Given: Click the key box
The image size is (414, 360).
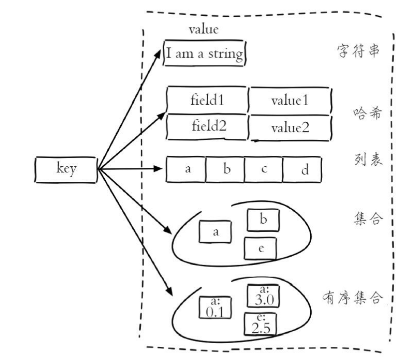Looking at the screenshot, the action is tap(66, 170).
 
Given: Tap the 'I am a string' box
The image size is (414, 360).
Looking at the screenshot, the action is tap(205, 53).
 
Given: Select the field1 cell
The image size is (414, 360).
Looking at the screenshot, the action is tap(207, 100).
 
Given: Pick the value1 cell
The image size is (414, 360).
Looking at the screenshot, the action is tap(290, 101).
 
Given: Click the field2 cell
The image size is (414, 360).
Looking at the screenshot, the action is tap(207, 127).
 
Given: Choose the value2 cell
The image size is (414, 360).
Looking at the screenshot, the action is tap(290, 128).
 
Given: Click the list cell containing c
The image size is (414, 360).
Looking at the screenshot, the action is tap(263, 169).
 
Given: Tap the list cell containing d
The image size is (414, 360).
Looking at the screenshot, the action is tap(302, 169).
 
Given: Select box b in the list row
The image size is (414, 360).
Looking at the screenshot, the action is tap(225, 169).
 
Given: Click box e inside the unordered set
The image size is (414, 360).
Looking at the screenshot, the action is tap(260, 249).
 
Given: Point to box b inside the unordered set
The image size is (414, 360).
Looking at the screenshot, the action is tap(263, 220).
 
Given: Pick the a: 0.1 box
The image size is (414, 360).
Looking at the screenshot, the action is tap(215, 308).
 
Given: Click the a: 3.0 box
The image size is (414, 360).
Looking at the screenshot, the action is tap(263, 296).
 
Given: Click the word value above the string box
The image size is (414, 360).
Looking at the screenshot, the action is tap(204, 29).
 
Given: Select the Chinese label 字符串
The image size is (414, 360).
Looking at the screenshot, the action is tap(358, 51).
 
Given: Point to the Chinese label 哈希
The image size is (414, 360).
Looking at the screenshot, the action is tap(368, 113).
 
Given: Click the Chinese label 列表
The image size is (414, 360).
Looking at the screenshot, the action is tap(368, 159).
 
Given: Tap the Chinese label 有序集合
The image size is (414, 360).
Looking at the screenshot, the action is tap(353, 298).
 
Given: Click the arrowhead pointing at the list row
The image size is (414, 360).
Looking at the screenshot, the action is tap(158, 169).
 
